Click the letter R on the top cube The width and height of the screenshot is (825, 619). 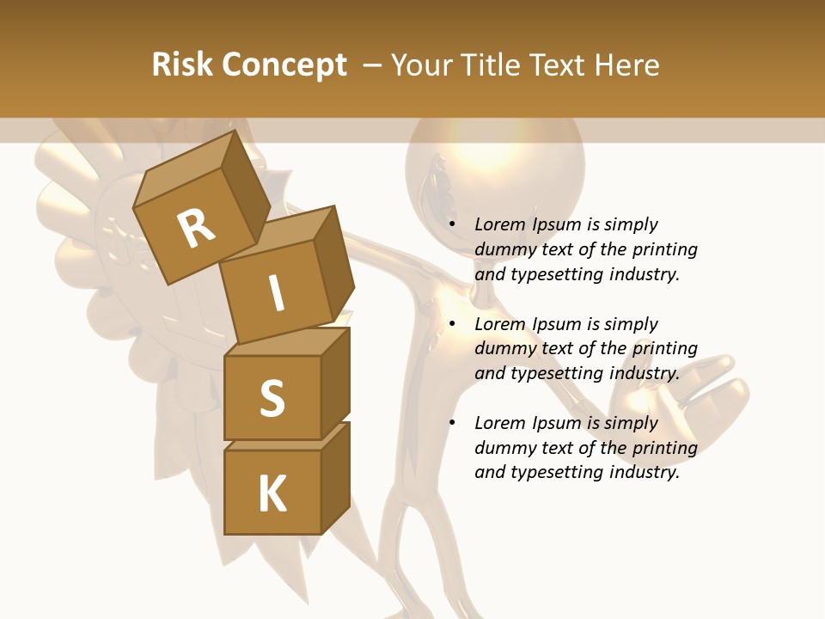196,228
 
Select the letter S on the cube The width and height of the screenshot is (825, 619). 272,398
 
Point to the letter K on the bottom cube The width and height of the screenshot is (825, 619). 272,494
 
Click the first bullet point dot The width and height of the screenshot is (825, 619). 452,225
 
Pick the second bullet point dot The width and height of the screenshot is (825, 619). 452,325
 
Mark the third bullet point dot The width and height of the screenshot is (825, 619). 452,424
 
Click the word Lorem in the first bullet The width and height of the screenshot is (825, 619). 499,224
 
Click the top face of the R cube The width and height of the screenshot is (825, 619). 185,169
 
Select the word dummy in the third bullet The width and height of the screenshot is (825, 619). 504,448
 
